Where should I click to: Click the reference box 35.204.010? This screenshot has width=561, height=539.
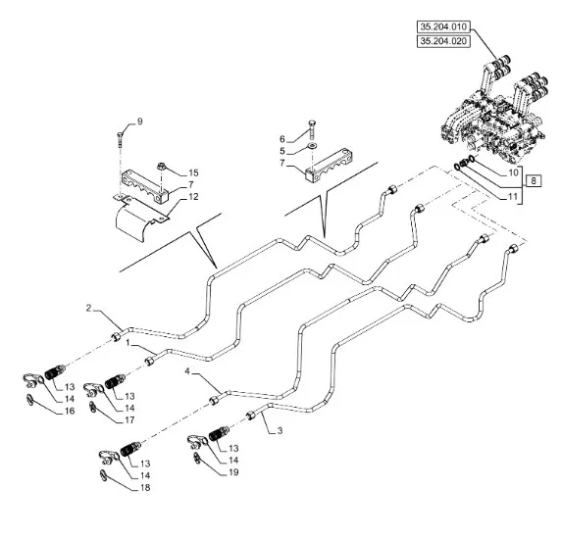coord(443,26)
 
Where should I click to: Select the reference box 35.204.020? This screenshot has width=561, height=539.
coord(443,41)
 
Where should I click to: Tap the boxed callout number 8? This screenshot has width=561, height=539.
coord(534,181)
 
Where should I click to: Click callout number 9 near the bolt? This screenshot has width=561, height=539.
coord(139,122)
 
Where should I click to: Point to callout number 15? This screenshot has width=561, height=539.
coord(193,173)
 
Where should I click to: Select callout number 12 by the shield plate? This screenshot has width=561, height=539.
coord(193,197)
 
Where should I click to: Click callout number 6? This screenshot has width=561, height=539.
coord(282,139)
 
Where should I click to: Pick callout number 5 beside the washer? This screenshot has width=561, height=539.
coord(282,151)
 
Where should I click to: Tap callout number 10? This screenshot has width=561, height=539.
coord(513,172)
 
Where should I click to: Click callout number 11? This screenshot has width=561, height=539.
coord(513,196)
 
